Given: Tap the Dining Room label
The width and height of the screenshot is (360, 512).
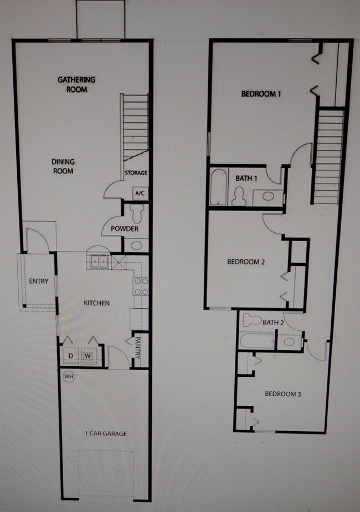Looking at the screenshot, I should point(63,166).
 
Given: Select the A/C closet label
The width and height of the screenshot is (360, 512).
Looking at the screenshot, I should point(138,193).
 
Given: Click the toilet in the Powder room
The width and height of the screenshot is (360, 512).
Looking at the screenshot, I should point(136,212).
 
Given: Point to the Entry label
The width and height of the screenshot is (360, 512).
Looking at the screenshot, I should point(39,281).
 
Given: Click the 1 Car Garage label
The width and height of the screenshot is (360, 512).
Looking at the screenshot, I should point(103,433).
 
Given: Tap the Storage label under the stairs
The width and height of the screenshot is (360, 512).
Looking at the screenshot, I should point(136,173).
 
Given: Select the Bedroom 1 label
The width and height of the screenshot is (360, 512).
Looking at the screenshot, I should point(261,94).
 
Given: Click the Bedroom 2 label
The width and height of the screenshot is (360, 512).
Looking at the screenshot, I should point(246,262).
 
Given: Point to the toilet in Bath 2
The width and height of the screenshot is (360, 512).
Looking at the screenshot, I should point(253,320).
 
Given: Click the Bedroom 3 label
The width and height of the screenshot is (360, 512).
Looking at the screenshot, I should point(282,394).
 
